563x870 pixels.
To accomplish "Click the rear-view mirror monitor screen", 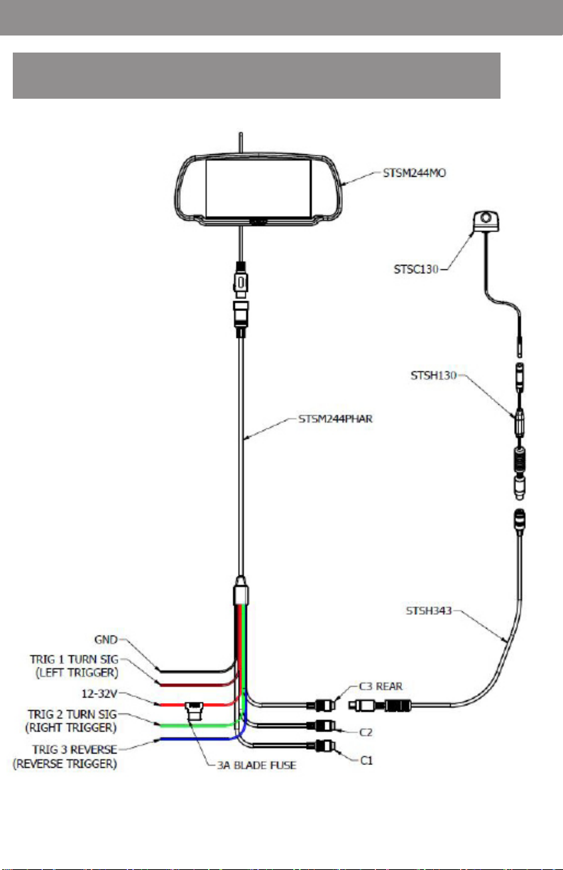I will click(258, 189).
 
